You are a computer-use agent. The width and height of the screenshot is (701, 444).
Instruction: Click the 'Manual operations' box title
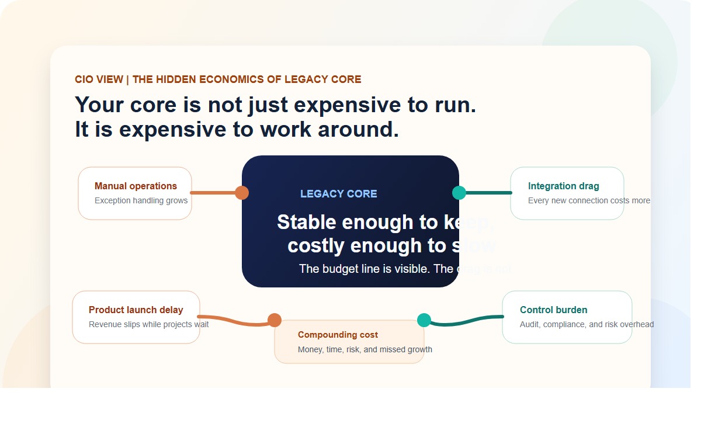point(136,186)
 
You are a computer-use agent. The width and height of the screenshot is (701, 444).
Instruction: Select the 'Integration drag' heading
point(563,186)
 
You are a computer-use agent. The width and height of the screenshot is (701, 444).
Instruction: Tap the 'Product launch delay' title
point(136,310)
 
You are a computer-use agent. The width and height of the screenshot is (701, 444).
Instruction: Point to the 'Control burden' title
point(553,310)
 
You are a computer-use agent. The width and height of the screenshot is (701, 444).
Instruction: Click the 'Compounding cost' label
point(338,335)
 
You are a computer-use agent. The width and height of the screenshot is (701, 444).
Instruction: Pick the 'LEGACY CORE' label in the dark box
point(338,194)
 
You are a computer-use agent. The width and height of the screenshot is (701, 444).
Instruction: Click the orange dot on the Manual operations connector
point(242,193)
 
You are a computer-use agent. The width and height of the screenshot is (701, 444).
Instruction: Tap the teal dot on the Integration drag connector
point(459,193)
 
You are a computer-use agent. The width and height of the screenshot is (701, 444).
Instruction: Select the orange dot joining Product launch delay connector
point(275,320)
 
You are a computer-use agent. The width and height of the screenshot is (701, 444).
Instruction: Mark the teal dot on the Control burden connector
point(424,320)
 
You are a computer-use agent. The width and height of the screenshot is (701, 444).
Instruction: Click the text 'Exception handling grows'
point(141,201)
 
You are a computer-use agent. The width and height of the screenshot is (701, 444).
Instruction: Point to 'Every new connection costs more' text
point(589,201)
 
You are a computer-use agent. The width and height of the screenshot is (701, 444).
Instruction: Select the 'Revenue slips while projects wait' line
point(148,325)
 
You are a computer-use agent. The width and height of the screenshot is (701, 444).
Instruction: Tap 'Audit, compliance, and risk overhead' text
point(587,325)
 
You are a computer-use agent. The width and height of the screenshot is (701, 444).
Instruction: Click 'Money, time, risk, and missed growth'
point(365,350)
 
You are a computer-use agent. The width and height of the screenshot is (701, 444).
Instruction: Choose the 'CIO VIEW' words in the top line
point(99,79)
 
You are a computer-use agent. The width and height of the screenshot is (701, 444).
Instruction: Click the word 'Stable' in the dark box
point(307,223)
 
